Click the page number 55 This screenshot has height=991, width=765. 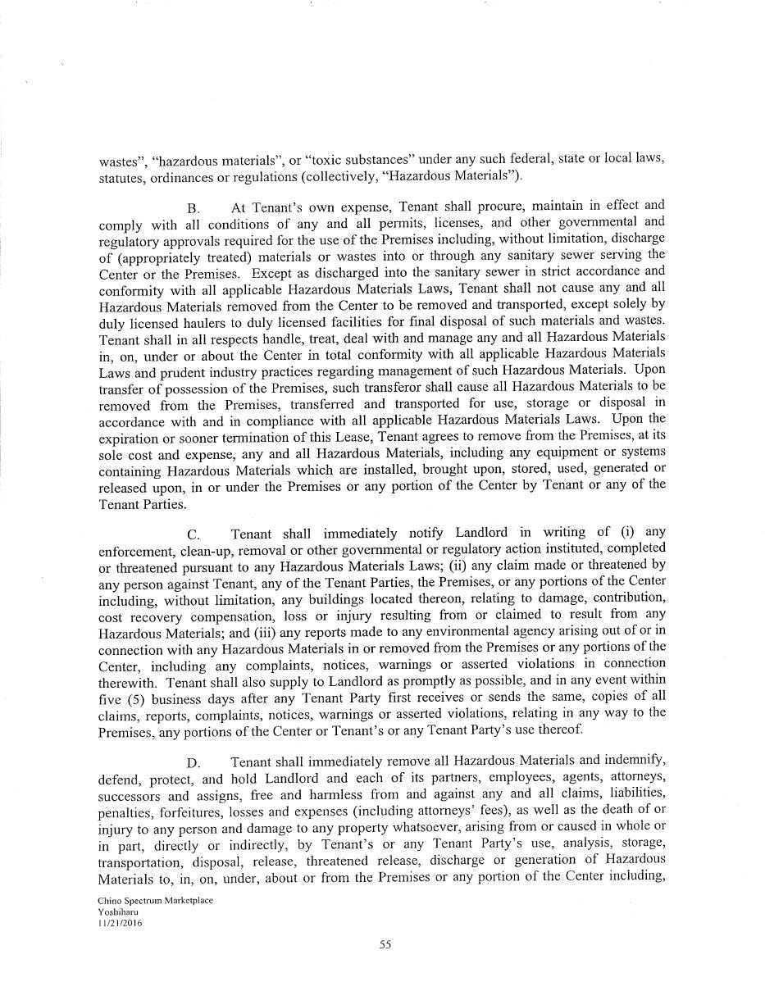pos(385,943)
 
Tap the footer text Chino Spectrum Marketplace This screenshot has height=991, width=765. pos(154,900)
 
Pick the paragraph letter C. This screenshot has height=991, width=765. pos(194,534)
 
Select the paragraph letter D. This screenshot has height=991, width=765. pos(194,763)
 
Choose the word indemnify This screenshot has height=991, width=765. pos(633,761)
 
